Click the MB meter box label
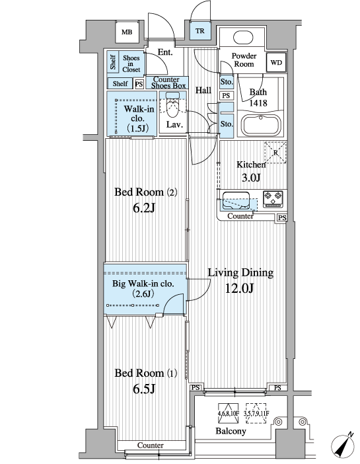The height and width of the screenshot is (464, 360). point(127,32)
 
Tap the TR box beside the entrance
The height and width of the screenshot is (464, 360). point(200,31)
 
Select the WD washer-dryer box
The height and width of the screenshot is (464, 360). point(276,62)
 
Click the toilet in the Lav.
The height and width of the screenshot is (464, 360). point(172,104)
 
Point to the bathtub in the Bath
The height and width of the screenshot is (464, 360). point(261,125)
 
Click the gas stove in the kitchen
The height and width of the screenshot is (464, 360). point(273,199)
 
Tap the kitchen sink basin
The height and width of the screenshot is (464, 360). point(236,200)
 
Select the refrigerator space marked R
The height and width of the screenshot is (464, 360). point(275,153)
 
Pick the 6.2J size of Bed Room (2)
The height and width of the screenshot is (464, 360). point(144,208)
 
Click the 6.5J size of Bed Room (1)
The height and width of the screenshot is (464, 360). point(144,389)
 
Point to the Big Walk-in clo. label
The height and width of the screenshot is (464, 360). point(143,284)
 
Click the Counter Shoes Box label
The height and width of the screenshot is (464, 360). point(167,83)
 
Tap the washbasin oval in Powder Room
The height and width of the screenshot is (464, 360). point(243,38)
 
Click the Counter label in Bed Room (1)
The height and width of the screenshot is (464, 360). point(150,445)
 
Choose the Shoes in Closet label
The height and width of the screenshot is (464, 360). point(131,64)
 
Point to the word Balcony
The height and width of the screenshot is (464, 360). point(231,431)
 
